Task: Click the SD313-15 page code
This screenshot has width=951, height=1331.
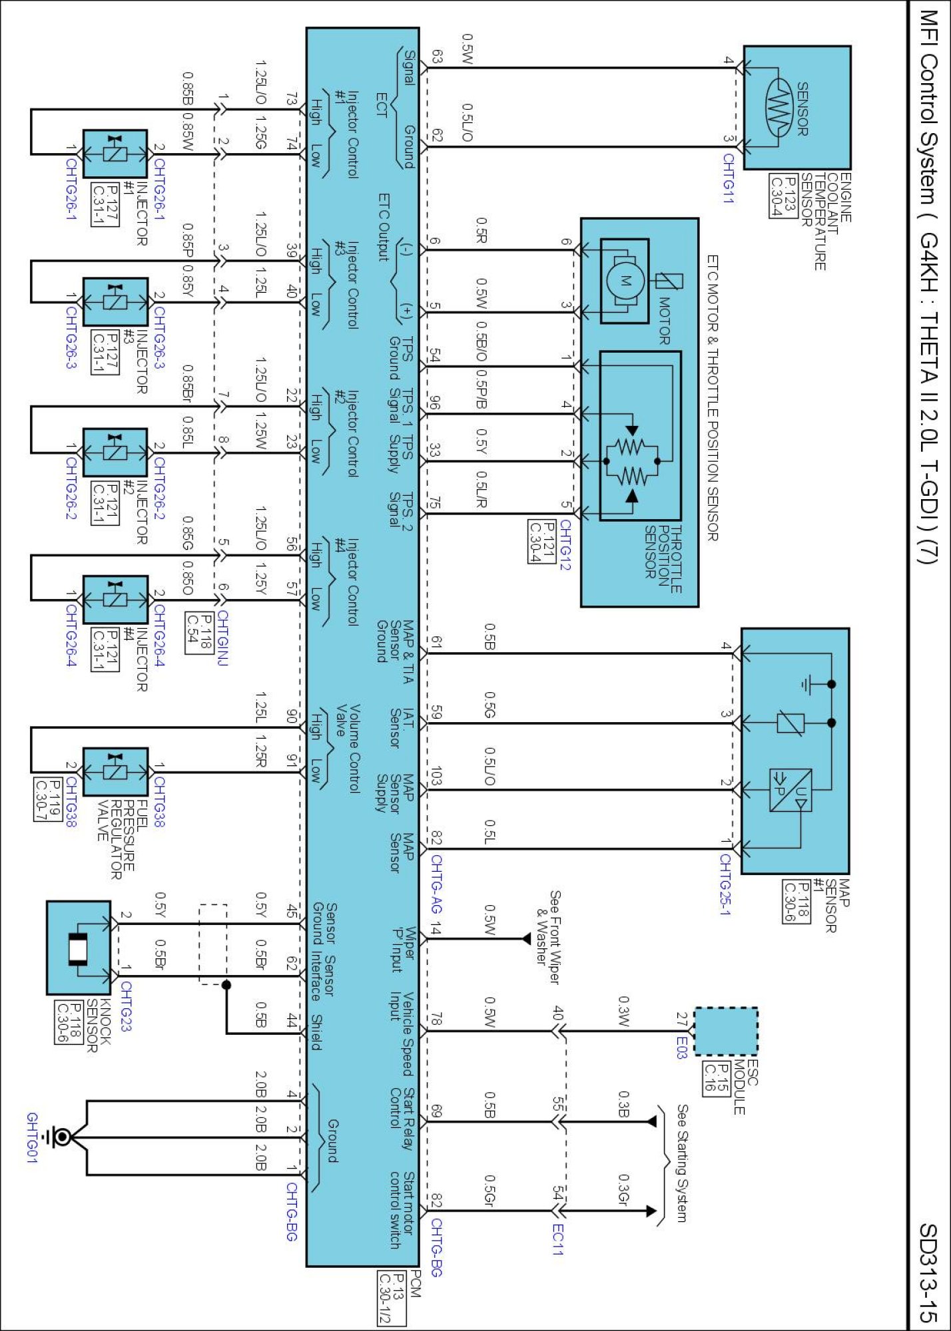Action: [928, 1272]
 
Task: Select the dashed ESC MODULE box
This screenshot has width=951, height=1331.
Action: [725, 1031]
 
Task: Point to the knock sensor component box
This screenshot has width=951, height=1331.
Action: [79, 948]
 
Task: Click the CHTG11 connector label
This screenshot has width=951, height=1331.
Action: [729, 179]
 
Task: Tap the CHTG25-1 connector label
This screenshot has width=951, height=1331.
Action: [725, 884]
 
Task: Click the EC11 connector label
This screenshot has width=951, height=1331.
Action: [558, 1240]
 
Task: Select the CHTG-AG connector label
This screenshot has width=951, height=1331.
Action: [436, 884]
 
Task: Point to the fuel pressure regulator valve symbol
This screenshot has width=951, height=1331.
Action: [115, 772]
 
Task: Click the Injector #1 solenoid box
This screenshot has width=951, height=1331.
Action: [115, 154]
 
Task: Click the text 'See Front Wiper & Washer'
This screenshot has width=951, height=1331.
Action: [548, 937]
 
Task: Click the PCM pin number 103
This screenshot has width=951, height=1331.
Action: [436, 776]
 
